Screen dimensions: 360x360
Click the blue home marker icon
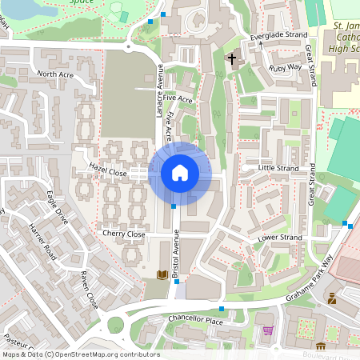click(x=180, y=172)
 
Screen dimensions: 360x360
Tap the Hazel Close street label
click(x=108, y=170)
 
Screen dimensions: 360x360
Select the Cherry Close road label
click(x=123, y=234)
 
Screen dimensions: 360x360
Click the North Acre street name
click(x=54, y=74)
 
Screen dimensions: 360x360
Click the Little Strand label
click(x=278, y=168)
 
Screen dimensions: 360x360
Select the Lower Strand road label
click(x=280, y=238)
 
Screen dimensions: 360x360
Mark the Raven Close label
click(x=88, y=290)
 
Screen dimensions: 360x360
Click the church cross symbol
click(x=233, y=59)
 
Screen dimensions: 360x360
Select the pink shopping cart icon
click(x=267, y=330)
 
